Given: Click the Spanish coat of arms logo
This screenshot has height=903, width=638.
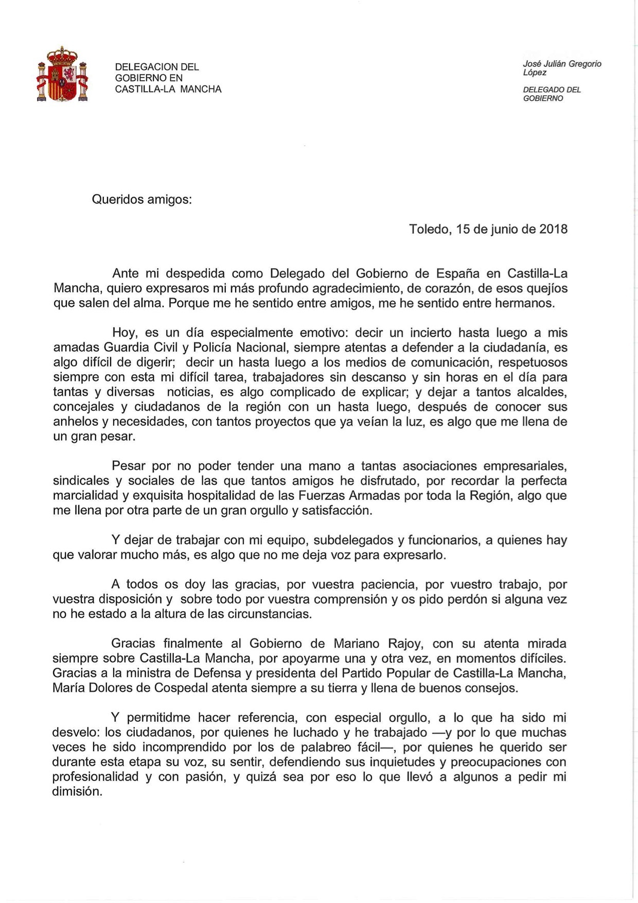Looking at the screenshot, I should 62,74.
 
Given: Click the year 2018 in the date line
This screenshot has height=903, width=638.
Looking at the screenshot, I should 553,229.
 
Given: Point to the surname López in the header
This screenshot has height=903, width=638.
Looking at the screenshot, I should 535,73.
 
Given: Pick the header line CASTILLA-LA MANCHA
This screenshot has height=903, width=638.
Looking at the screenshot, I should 168,89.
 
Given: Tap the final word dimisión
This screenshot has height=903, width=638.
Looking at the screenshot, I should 77,791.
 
